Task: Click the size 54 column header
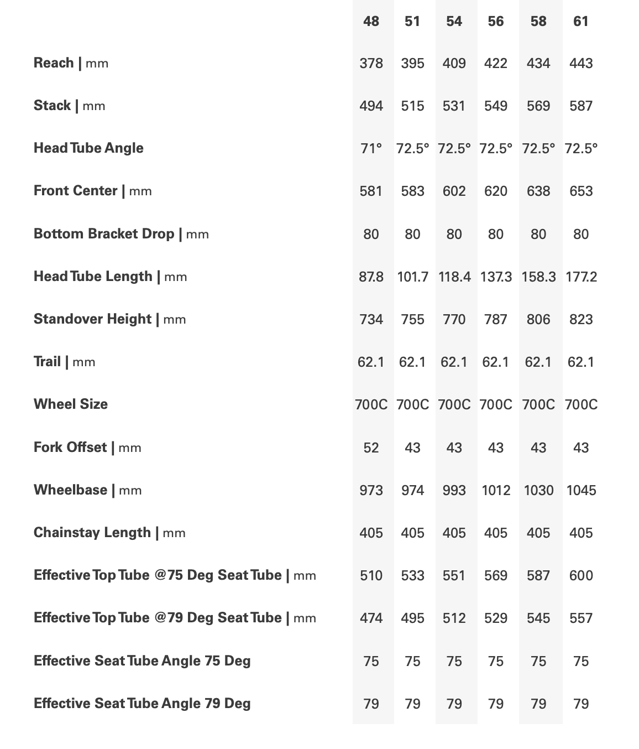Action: click(x=454, y=22)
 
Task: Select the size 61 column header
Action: click(x=581, y=22)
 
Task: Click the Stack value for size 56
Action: click(x=496, y=106)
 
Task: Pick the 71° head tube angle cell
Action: click(x=371, y=148)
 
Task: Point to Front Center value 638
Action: click(x=538, y=191)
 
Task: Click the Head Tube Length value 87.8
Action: click(x=371, y=277)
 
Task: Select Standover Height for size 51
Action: click(x=412, y=319)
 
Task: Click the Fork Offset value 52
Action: click(x=371, y=448)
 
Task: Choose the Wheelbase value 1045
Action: click(x=581, y=490)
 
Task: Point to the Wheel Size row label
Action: click(x=71, y=404)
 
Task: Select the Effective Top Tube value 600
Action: click(x=581, y=575)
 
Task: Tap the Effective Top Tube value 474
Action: click(x=371, y=618)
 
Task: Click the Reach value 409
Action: click(x=454, y=63)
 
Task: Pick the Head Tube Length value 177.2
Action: click(x=581, y=277)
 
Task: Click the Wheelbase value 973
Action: click(x=371, y=490)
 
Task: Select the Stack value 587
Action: click(x=581, y=106)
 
